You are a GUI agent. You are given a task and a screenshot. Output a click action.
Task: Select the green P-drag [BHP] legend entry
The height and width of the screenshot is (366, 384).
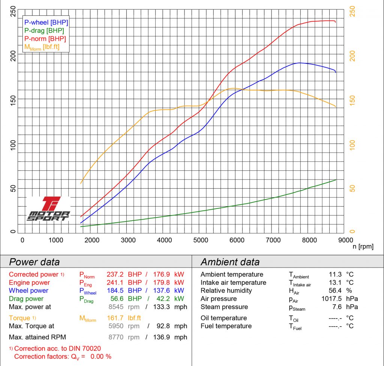[x=44, y=30]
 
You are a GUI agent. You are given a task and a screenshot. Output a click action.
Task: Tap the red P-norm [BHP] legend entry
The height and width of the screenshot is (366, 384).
[x=45, y=39]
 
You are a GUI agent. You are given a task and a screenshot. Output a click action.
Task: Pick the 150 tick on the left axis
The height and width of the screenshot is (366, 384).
[x=13, y=99]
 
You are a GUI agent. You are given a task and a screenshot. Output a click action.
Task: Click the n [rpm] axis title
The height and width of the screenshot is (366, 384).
[x=363, y=247]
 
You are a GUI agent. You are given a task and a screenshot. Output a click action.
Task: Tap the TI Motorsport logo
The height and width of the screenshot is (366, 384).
[x=48, y=209]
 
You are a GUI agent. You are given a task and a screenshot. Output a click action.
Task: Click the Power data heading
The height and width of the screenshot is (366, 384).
[x=34, y=262]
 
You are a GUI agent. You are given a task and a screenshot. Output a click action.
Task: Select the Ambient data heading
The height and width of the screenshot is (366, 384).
[x=230, y=262]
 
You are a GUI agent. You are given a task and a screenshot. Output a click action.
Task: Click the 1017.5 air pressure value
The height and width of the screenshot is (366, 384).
[x=331, y=299]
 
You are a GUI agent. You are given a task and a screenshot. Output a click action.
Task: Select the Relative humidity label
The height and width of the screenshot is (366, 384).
[x=226, y=291]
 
